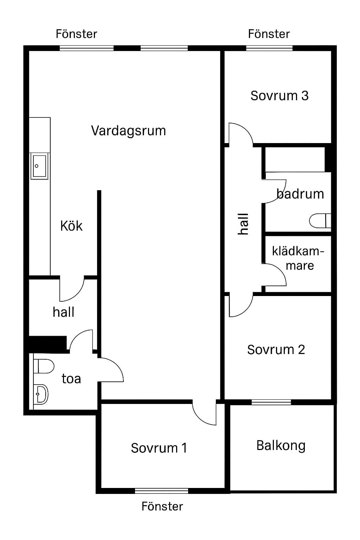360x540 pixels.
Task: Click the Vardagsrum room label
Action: (128, 131)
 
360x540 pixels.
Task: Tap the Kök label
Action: (71, 226)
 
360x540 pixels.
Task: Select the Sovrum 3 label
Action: (279, 96)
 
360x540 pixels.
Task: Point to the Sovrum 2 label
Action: (276, 349)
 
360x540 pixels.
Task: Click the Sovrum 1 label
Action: (159, 448)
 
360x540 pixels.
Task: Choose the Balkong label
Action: (281, 446)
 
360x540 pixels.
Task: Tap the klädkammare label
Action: (298, 258)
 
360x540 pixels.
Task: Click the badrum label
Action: (300, 194)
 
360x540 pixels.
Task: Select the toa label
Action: (71, 379)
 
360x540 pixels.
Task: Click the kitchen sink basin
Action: (39, 166)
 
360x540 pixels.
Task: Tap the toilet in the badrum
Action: (320, 220)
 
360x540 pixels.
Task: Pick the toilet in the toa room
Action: (44, 366)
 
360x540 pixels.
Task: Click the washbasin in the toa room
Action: (41, 394)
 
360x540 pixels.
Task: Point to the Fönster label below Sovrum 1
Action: (162, 506)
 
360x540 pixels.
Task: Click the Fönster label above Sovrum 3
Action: (269, 34)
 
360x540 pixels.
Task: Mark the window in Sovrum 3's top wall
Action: (269, 48)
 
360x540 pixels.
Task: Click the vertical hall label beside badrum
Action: (243, 224)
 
